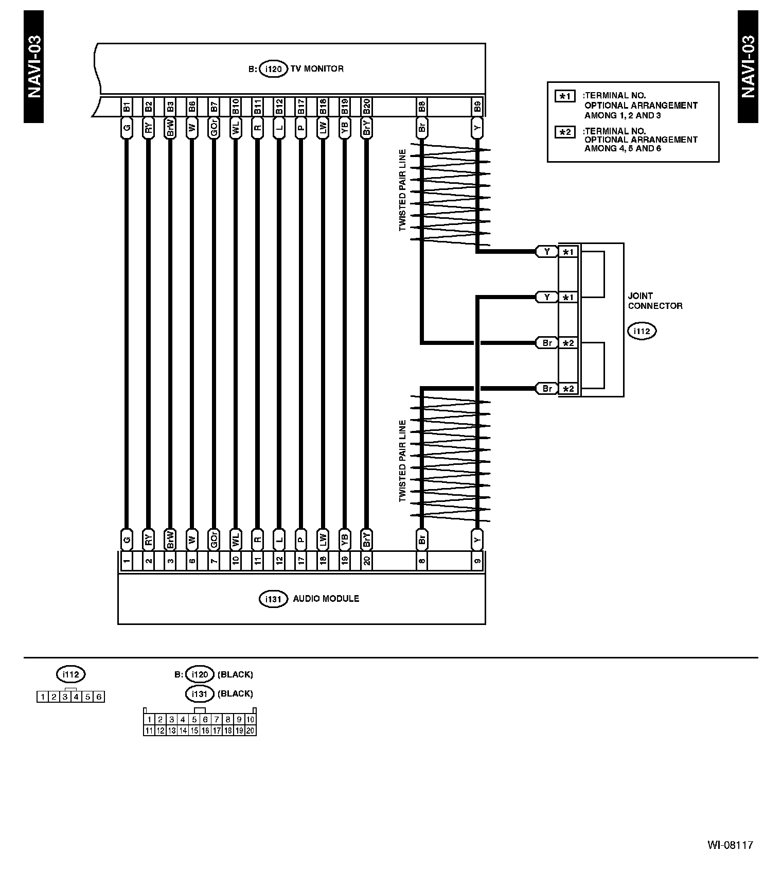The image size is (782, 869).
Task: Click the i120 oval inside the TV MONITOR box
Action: (x=273, y=69)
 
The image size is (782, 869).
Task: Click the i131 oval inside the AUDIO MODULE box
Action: (x=273, y=599)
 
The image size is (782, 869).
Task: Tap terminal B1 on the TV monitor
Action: (x=127, y=107)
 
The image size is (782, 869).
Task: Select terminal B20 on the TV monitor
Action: (x=366, y=107)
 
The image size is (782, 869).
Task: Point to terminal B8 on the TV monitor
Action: (x=422, y=107)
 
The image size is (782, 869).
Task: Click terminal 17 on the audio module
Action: (x=301, y=560)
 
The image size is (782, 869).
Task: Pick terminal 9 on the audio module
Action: (x=477, y=560)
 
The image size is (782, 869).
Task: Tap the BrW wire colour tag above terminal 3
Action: (x=170, y=539)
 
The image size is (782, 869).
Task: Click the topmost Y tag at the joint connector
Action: (x=547, y=252)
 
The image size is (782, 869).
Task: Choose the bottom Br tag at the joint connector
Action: (x=547, y=389)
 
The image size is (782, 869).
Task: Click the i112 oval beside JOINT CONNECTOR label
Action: (x=642, y=331)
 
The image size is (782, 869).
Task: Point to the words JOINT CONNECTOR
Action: (x=655, y=301)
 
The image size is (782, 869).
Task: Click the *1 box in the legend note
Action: (x=565, y=96)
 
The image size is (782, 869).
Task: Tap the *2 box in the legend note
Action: (x=565, y=132)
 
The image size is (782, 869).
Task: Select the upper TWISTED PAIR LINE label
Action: (x=402, y=190)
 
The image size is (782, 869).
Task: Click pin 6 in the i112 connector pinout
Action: (x=99, y=697)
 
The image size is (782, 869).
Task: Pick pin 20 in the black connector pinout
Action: (x=250, y=730)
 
